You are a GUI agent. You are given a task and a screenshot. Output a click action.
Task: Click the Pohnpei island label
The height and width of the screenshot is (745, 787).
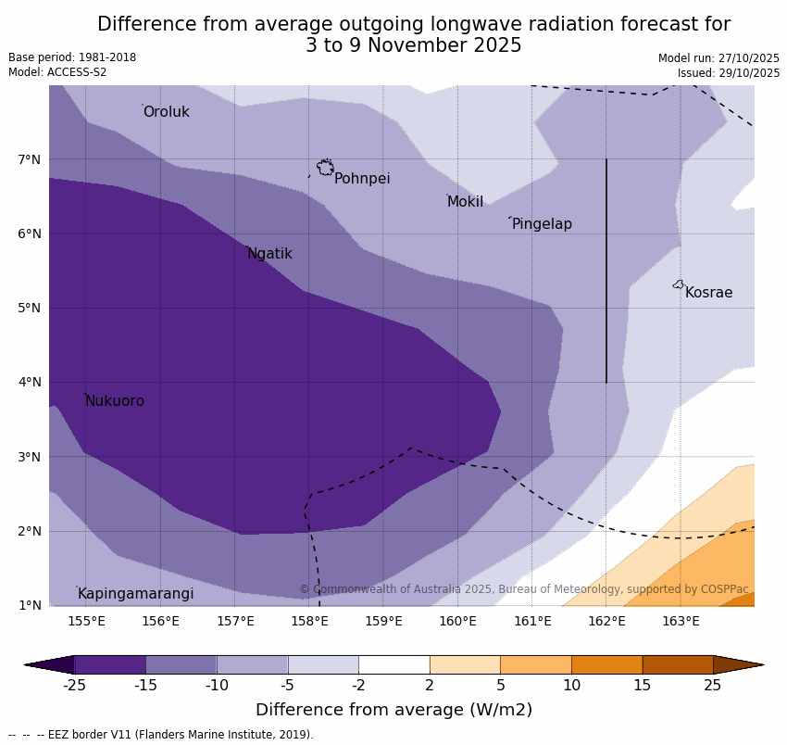(x=362, y=179)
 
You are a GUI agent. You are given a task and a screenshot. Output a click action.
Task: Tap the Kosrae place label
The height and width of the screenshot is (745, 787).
(x=708, y=293)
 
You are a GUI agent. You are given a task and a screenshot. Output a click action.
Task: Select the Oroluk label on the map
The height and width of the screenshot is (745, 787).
(x=166, y=112)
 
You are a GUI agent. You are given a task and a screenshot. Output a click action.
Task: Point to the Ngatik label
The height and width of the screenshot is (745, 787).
(x=269, y=254)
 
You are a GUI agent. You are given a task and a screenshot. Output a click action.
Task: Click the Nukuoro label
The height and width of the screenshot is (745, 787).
(x=115, y=401)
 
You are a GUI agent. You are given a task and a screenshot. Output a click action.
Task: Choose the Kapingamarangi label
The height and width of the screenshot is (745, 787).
(x=135, y=594)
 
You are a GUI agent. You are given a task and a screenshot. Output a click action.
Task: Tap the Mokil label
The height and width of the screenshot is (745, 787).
(x=465, y=202)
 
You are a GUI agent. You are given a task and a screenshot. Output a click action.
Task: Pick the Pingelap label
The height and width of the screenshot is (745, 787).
(x=542, y=224)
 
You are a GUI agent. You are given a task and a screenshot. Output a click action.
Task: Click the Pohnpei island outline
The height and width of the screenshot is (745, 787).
(x=325, y=168)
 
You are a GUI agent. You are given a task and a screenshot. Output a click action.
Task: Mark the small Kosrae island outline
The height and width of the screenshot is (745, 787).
(x=679, y=284)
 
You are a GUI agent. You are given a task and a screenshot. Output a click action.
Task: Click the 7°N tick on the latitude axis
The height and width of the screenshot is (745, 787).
(x=30, y=159)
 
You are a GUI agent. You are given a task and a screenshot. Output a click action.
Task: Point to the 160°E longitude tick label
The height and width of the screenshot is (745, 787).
(x=457, y=621)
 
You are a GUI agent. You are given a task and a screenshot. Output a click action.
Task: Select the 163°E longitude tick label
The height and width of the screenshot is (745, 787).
(x=681, y=621)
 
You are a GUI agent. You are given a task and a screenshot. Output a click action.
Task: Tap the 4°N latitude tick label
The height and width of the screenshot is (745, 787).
(x=30, y=382)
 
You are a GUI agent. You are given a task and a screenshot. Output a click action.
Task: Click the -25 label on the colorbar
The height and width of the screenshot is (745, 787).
(x=74, y=686)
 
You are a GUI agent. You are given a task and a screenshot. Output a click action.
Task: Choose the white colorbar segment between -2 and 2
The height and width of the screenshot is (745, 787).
(x=393, y=664)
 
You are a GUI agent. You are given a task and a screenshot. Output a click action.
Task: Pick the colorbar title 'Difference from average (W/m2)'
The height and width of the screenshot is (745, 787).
(x=393, y=710)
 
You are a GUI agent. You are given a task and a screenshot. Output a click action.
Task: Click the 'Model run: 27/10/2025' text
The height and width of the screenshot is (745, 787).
(x=718, y=58)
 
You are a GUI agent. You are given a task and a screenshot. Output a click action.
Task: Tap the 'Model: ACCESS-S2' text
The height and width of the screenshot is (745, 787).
(x=57, y=72)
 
